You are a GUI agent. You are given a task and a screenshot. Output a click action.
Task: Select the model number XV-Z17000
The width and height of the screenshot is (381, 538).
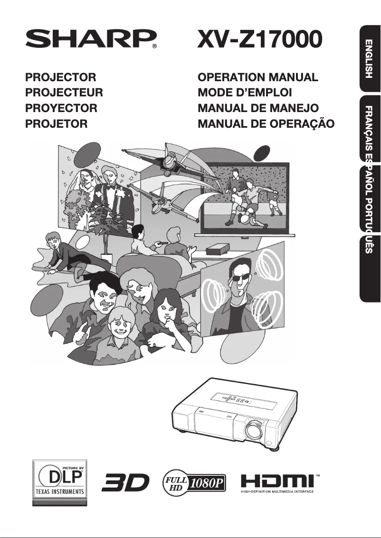point(260,39)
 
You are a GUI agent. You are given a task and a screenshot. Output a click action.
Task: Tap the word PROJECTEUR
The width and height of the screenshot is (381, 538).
point(64,92)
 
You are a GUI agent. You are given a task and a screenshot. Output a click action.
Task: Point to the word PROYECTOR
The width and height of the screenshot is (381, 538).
point(61,108)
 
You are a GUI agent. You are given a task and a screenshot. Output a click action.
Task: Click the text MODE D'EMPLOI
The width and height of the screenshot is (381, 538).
point(245,92)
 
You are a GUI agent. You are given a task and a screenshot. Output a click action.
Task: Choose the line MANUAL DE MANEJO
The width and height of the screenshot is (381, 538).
point(258,108)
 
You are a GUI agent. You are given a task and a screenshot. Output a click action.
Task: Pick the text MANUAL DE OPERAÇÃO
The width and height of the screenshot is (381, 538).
point(266,123)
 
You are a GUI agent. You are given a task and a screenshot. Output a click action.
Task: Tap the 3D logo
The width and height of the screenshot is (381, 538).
point(125,482)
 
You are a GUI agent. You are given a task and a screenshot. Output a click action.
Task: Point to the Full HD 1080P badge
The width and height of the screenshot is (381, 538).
point(194,483)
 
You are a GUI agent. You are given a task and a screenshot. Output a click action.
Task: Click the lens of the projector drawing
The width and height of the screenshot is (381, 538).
point(254,429)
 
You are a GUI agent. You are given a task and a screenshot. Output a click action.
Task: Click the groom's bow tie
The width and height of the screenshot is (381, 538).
point(110,188)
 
